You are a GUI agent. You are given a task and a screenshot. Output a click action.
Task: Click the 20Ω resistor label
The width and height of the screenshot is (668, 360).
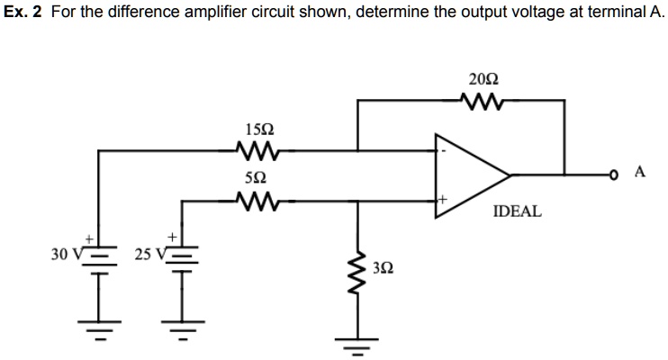(481, 79)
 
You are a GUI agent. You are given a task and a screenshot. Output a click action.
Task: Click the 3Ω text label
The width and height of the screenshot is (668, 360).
(382, 267)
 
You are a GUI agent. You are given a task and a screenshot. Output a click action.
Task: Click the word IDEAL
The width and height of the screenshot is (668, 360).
(517, 211)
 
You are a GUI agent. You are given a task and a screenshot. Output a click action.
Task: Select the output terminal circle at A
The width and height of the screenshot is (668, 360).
(615, 174)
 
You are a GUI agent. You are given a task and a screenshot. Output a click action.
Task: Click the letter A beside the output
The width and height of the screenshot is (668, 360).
(640, 173)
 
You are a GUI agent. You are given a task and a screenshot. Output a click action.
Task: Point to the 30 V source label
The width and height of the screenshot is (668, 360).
(66, 255)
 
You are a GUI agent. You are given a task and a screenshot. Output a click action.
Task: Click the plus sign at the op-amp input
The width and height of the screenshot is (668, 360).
(442, 194)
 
